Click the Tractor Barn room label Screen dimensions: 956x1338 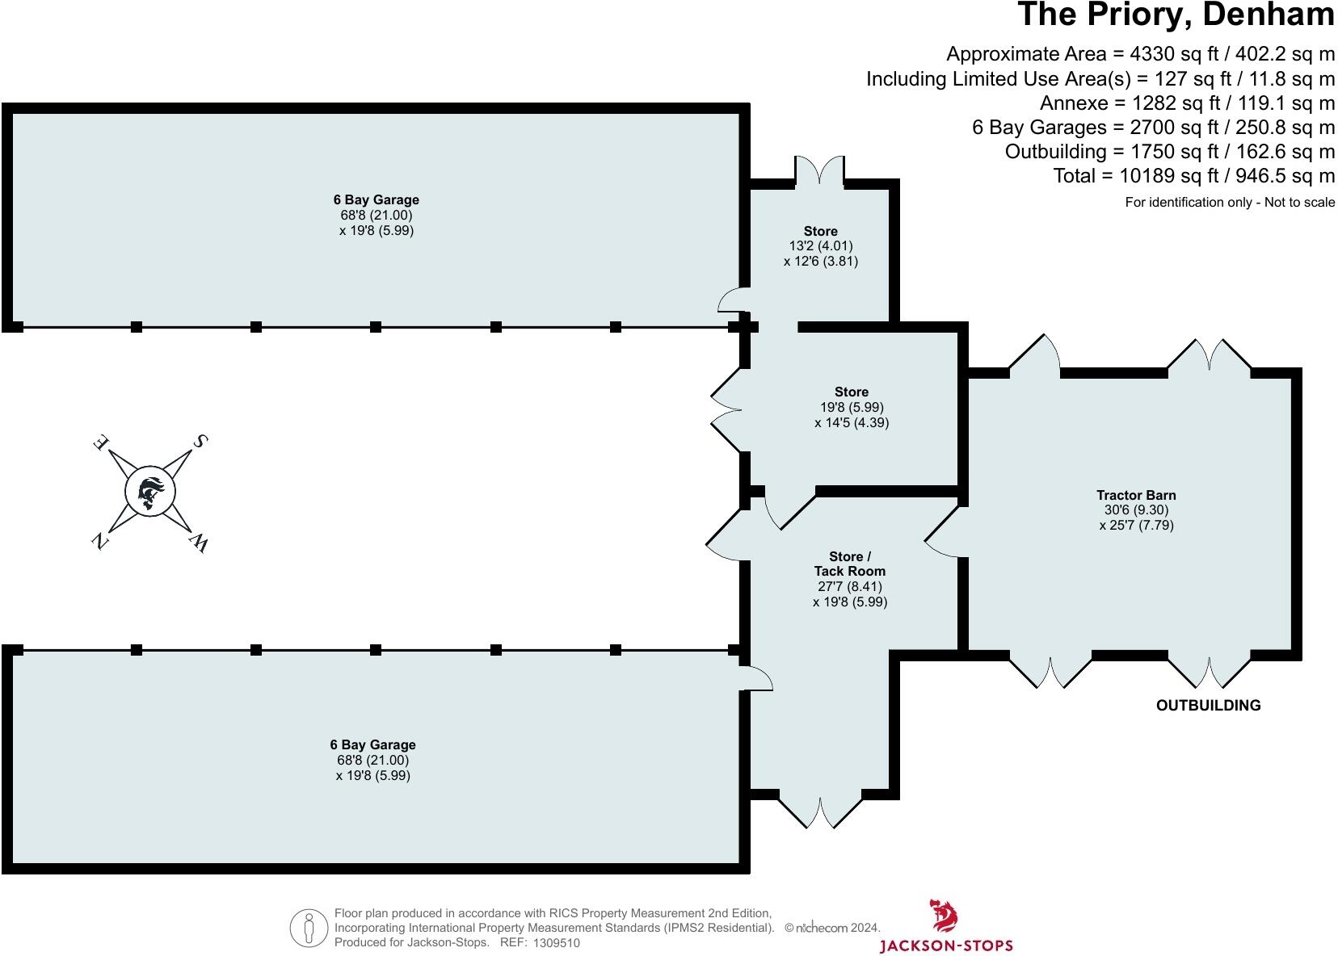pyautogui.click(x=1136, y=495)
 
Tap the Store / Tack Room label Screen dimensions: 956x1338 pyautogui.click(x=850, y=564)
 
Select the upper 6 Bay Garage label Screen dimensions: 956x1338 pyautogui.click(x=376, y=199)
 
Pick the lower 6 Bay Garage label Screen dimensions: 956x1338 pyautogui.click(x=372, y=744)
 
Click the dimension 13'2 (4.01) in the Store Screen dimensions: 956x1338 pyautogui.click(x=820, y=246)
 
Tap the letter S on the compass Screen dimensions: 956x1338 pyautogui.click(x=199, y=441)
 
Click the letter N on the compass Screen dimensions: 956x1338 pyautogui.click(x=99, y=542)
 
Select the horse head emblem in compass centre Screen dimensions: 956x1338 pyautogui.click(x=150, y=492)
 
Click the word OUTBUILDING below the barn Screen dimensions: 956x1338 pyautogui.click(x=1208, y=705)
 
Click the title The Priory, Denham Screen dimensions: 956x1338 pyautogui.click(x=1175, y=15)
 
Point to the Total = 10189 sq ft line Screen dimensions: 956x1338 pyautogui.click(x=1193, y=176)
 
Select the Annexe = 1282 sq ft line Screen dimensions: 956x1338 pyautogui.click(x=1187, y=103)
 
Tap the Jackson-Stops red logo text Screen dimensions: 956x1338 pyautogui.click(x=945, y=945)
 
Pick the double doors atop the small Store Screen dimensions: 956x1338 pyautogui.click(x=820, y=170)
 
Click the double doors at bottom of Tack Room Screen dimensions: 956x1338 pyautogui.click(x=821, y=811)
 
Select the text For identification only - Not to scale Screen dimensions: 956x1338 pyautogui.click(x=1230, y=203)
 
